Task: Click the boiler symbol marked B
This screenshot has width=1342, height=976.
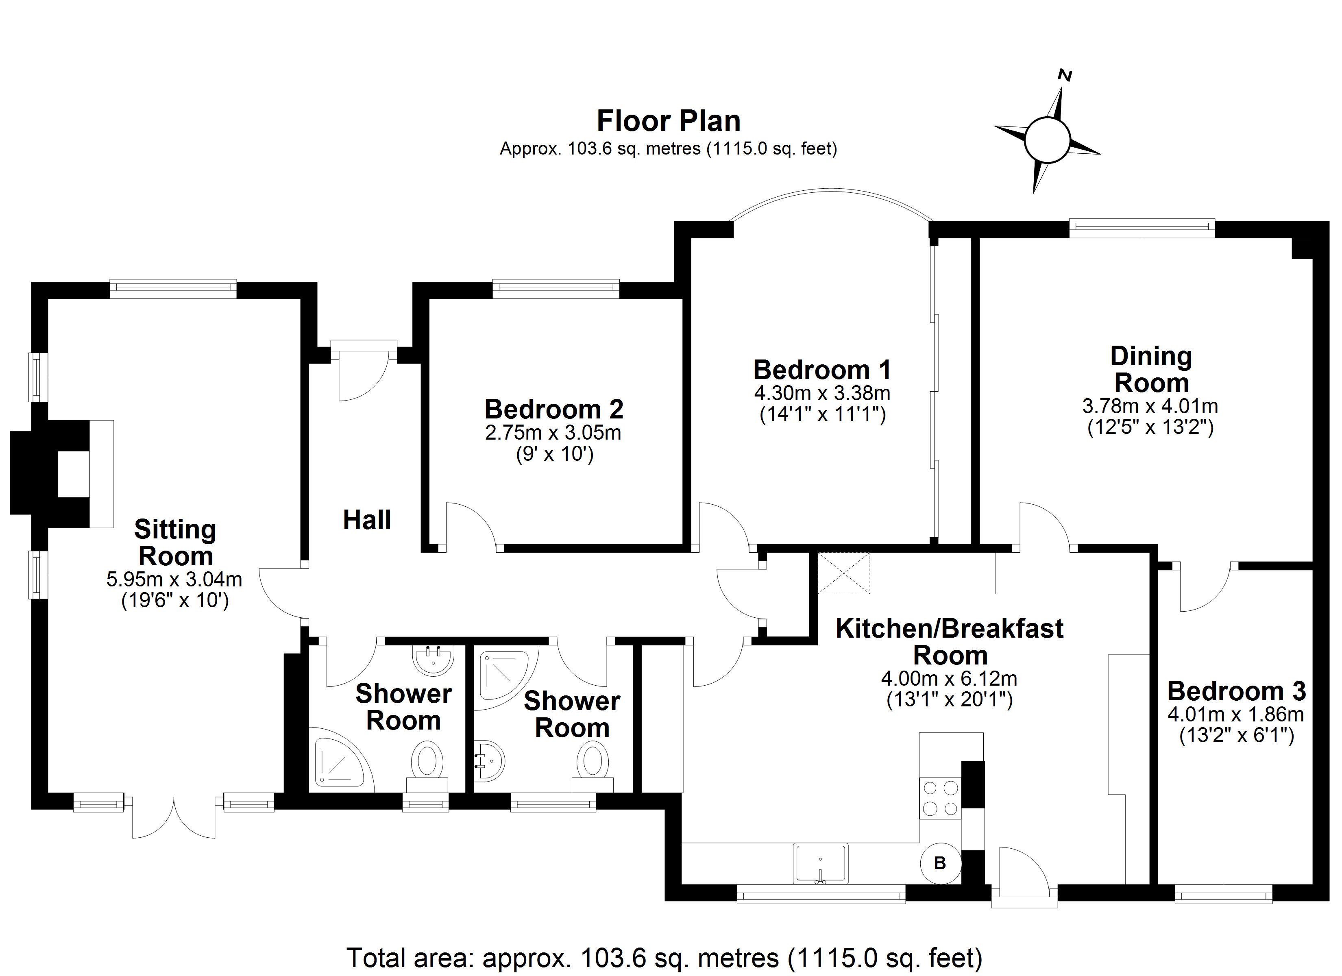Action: point(940,863)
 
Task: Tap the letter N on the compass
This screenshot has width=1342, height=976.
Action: point(1065,92)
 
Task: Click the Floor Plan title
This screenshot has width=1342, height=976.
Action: point(668,121)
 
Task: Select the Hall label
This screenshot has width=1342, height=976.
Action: point(367,520)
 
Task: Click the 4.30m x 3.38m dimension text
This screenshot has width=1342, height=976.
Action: point(822,393)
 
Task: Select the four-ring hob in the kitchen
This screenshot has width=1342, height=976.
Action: point(940,798)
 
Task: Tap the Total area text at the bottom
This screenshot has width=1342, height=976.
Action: point(664,957)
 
